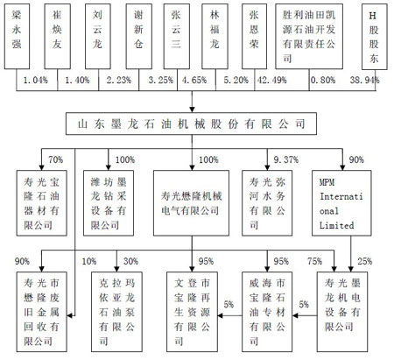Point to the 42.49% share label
272,80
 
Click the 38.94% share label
364,80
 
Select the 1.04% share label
35,80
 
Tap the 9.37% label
285,159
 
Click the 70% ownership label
55,159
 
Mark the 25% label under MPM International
365,261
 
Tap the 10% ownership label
89,261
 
